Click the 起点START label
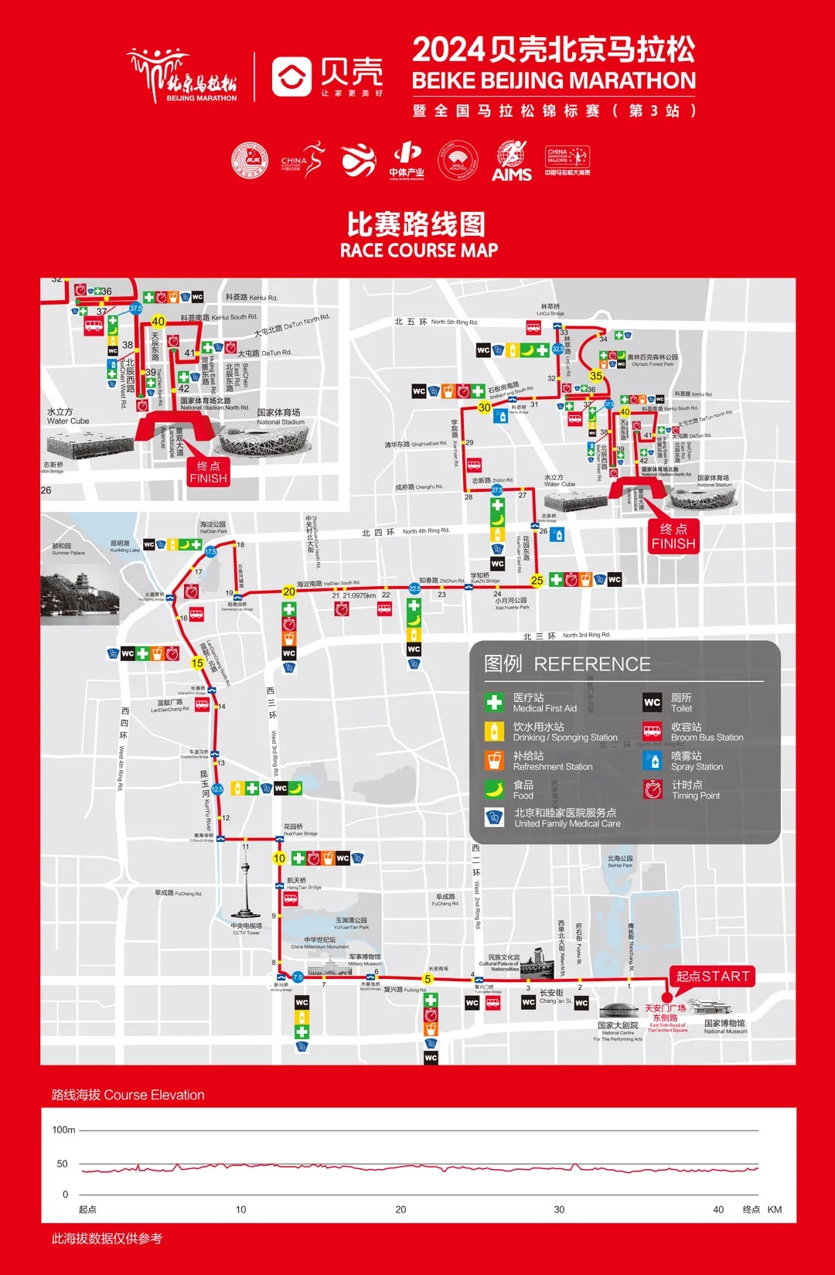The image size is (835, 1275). pyautogui.click(x=712, y=976)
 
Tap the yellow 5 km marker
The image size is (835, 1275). pyautogui.click(x=428, y=979)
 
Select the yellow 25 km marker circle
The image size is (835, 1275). pyautogui.click(x=537, y=581)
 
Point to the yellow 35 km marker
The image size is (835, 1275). pyautogui.click(x=595, y=376)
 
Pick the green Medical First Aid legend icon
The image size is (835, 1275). pyautogui.click(x=494, y=702)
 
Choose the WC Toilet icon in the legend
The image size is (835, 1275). pyautogui.click(x=653, y=702)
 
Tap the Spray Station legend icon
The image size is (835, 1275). pyautogui.click(x=653, y=761)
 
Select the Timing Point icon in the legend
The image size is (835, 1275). pyautogui.click(x=653, y=789)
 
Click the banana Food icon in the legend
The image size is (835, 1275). pyautogui.click(x=494, y=789)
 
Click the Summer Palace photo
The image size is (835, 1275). pyautogui.click(x=80, y=596)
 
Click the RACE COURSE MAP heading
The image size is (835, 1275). pyautogui.click(x=418, y=251)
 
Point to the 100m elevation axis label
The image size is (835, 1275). pyautogui.click(x=63, y=1130)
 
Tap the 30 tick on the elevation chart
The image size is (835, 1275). pyautogui.click(x=559, y=1209)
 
